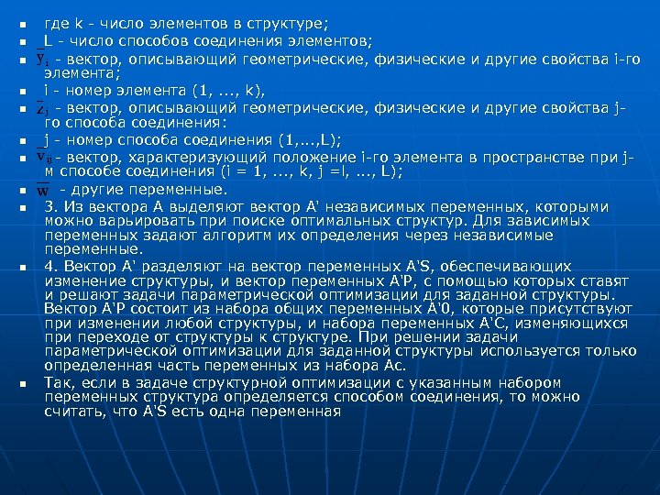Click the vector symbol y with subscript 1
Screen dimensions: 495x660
(42, 60)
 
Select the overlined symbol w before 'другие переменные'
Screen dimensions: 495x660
(42, 191)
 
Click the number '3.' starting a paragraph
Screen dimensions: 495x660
(52, 206)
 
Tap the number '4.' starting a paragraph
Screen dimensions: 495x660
(52, 266)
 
